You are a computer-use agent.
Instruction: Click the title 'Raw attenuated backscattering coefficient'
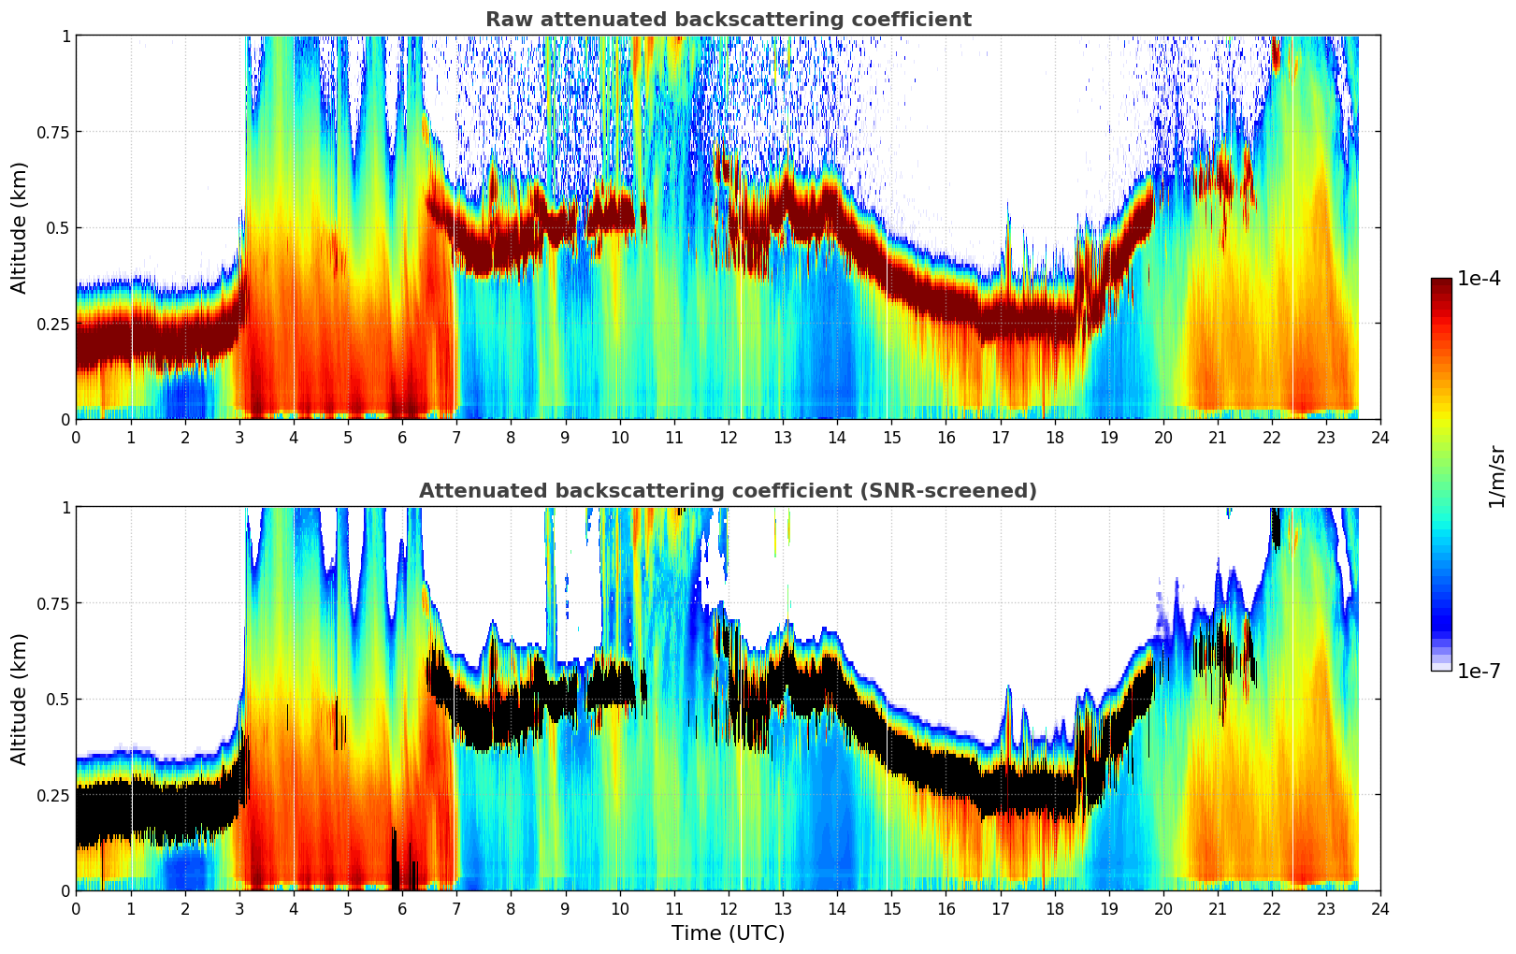(728, 20)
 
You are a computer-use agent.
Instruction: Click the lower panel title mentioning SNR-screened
(728, 491)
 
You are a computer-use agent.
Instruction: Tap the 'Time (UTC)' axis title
(728, 933)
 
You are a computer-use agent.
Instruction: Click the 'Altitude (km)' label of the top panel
(20, 227)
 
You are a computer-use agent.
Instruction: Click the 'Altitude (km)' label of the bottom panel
(20, 699)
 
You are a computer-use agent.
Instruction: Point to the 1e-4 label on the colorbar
(1479, 279)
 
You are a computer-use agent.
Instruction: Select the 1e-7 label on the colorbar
(1479, 671)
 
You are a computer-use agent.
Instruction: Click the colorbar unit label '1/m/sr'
(1496, 477)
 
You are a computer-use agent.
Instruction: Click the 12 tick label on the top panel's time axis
(729, 438)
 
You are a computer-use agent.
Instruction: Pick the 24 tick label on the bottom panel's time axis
(1380, 909)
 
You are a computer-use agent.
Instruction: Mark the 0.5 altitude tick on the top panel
(58, 227)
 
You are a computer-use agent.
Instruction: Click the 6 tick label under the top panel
(402, 438)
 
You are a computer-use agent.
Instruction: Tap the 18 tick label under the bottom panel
(1054, 909)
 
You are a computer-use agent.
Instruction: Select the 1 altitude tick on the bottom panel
(65, 508)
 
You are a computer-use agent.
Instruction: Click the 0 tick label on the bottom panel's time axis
(77, 909)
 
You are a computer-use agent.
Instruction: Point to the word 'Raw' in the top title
(506, 20)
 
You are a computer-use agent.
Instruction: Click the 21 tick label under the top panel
(1217, 438)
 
